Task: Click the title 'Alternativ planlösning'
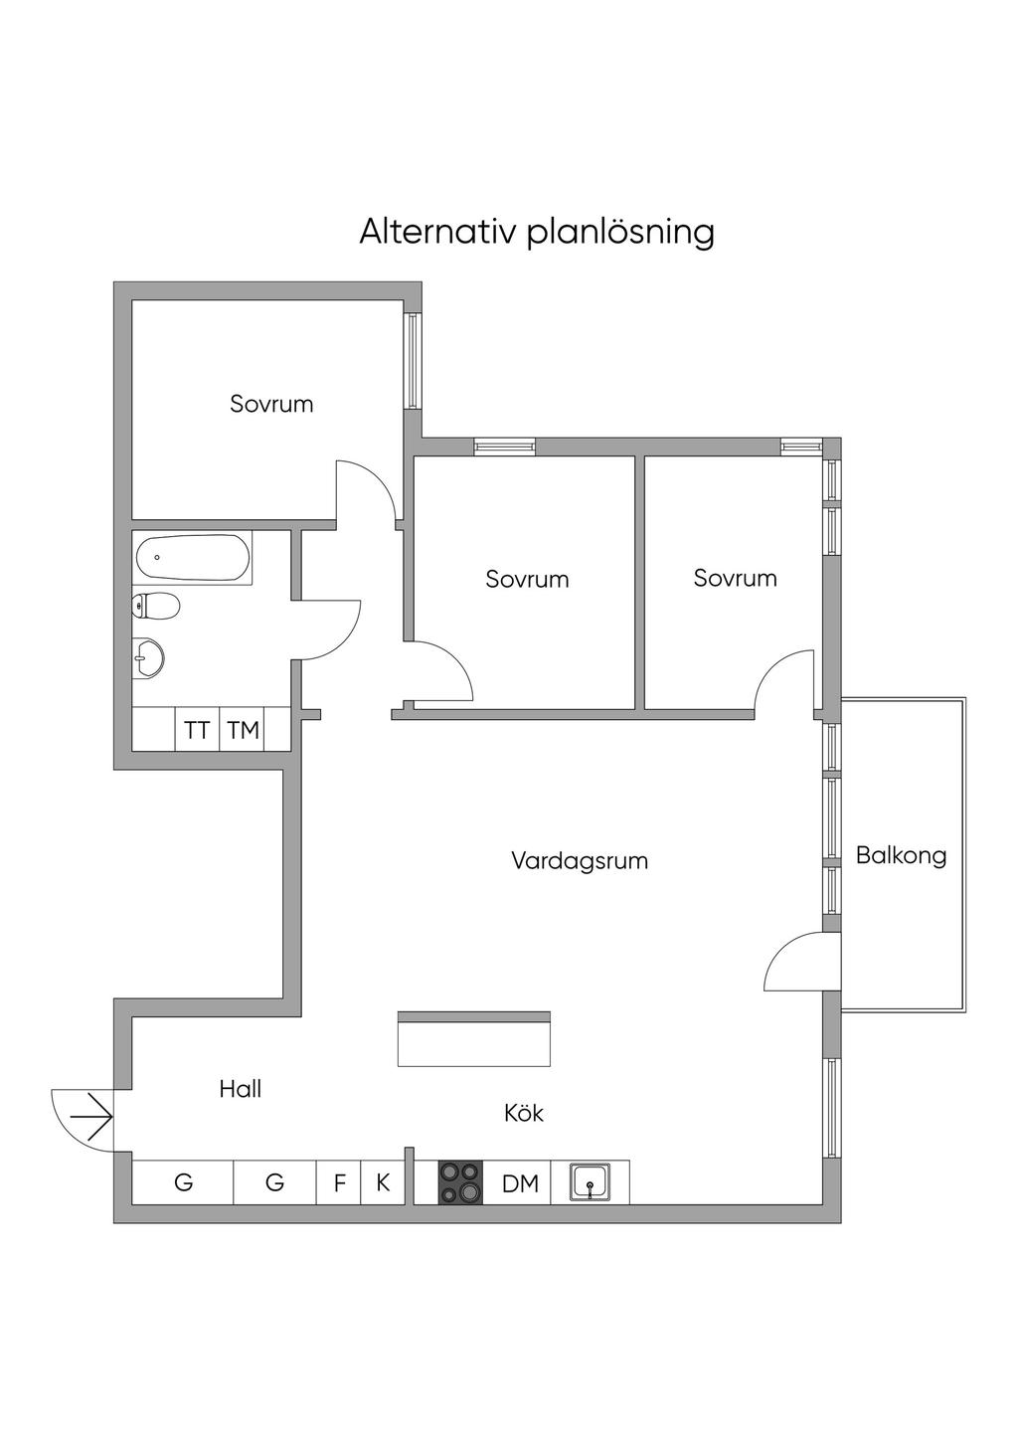pos(537,232)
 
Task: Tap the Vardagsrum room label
pos(580,860)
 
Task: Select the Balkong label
pos(901,855)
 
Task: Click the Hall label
pos(241,1089)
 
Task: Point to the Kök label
pos(524,1113)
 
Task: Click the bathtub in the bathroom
pos(194,558)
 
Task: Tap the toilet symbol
pos(155,606)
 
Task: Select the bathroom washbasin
pos(148,657)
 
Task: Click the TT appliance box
pos(197,730)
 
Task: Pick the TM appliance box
pos(243,730)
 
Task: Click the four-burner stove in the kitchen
pos(460,1182)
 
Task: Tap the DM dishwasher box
pos(519,1182)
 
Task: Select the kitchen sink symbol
pos(590,1182)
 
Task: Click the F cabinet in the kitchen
pos(339,1182)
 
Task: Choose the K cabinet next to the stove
pos(383,1182)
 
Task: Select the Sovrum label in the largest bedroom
pos(271,404)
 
